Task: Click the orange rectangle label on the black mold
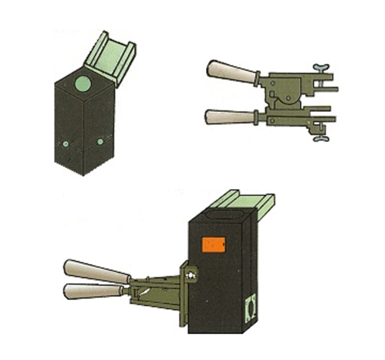click(x=212, y=245)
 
